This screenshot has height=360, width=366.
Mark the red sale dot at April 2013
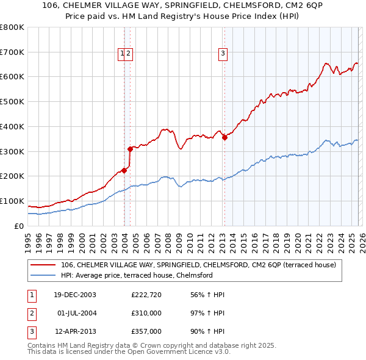[x=224, y=137]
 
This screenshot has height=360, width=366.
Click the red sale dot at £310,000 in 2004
[x=130, y=149]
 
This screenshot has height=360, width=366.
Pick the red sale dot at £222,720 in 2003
[x=124, y=170]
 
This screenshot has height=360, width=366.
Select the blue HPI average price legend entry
[x=136, y=275]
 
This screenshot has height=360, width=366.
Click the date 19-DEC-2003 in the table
[x=75, y=295]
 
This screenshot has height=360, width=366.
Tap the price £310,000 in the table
[x=146, y=313]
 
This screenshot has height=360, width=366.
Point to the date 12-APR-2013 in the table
[x=75, y=331]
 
